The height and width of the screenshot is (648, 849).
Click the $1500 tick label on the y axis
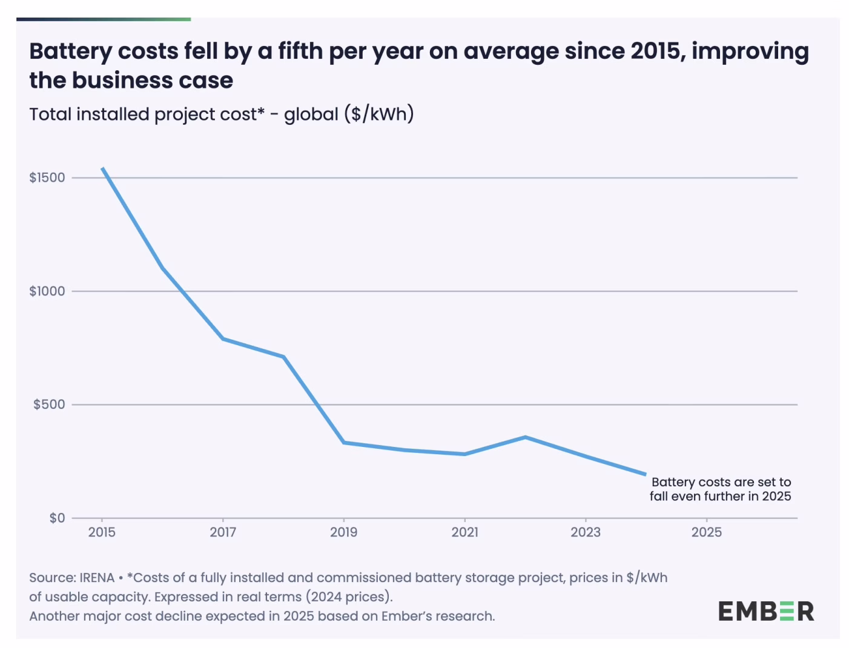pyautogui.click(x=47, y=177)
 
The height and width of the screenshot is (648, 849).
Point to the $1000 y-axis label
pyautogui.click(x=47, y=291)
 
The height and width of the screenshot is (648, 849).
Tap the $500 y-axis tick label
pyautogui.click(x=49, y=405)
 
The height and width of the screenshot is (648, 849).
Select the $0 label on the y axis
pyautogui.click(x=57, y=518)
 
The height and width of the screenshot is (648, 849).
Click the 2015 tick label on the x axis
pyautogui.click(x=102, y=532)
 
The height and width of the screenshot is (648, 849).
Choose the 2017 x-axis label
pyautogui.click(x=223, y=532)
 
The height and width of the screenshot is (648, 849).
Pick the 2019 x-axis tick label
pyautogui.click(x=343, y=532)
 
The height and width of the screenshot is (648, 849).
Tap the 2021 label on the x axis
pyautogui.click(x=464, y=532)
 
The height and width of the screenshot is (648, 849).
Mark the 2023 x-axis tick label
pyautogui.click(x=586, y=532)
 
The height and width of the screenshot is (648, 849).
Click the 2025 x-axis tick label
pyautogui.click(x=707, y=532)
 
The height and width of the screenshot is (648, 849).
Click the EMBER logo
pyautogui.click(x=766, y=612)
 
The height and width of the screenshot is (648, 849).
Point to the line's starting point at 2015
pyautogui.click(x=103, y=168)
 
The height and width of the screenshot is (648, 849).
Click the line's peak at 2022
pyautogui.click(x=525, y=437)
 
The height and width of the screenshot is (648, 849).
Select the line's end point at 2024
pyautogui.click(x=646, y=474)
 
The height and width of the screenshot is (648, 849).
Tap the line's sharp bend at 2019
pyautogui.click(x=344, y=443)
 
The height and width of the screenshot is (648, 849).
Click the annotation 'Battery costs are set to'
pyautogui.click(x=721, y=482)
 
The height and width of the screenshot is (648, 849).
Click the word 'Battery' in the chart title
pyautogui.click(x=70, y=52)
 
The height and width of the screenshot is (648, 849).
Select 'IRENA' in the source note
pyautogui.click(x=97, y=578)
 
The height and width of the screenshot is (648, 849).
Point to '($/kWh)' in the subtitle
pyautogui.click(x=379, y=114)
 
